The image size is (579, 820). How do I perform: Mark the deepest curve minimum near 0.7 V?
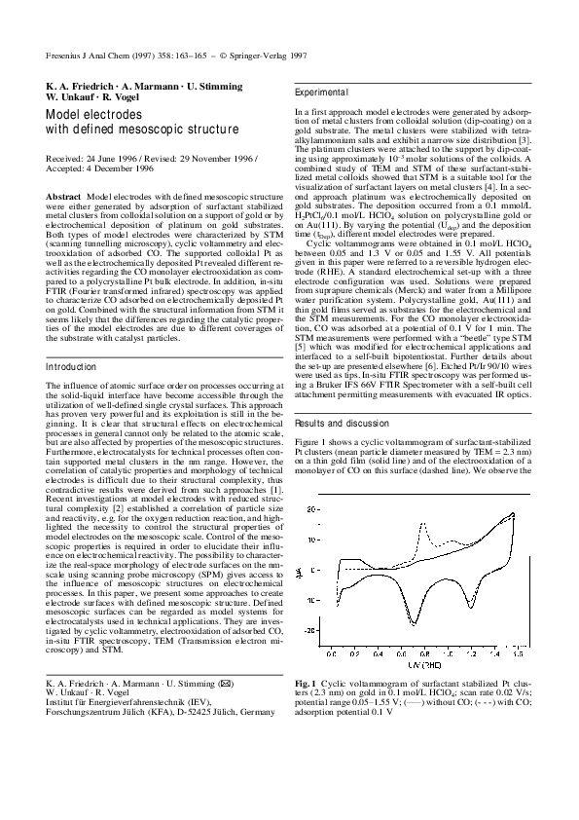click(415, 624)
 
